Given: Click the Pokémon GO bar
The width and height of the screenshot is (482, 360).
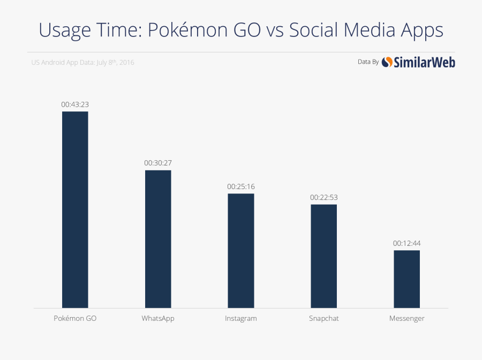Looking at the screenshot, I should click(x=75, y=209).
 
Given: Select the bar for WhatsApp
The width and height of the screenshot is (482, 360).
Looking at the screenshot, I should click(x=158, y=239).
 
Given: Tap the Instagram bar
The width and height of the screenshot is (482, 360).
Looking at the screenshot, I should click(x=241, y=251).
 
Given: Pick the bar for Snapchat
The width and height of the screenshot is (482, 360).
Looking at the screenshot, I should click(x=324, y=256).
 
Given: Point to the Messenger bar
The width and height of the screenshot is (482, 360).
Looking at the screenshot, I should click(x=407, y=279).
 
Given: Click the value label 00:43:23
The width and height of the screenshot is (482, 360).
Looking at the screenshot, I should click(x=75, y=104).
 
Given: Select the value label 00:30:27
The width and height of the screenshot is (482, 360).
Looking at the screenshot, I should click(x=158, y=163).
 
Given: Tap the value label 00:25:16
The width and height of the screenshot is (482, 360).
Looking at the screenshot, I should click(x=241, y=186).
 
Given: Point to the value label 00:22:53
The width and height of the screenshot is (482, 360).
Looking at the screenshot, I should click(x=324, y=197).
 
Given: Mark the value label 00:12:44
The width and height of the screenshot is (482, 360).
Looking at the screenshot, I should click(x=407, y=243).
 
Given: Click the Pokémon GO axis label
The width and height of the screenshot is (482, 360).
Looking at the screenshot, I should click(x=75, y=318).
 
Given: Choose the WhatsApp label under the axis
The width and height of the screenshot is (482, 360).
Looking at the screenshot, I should click(x=158, y=318).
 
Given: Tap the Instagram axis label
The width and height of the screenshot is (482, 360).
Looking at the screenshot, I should click(x=241, y=318).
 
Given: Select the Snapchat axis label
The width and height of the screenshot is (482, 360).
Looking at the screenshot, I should click(x=324, y=318).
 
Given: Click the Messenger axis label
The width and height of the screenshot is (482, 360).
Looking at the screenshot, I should click(x=407, y=318).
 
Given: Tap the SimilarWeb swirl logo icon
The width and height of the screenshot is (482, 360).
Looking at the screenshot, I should click(x=387, y=62).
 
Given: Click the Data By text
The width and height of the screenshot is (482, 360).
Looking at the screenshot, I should click(x=368, y=62).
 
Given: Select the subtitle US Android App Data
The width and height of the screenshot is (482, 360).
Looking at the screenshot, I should click(x=82, y=63).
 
